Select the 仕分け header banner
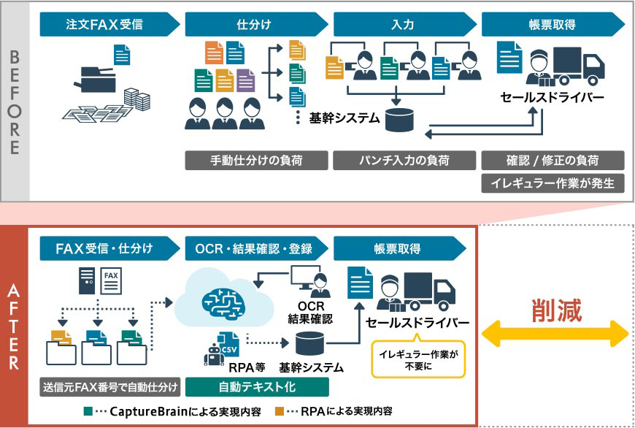click(253, 25)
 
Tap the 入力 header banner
click(402, 25)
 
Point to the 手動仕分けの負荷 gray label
click(255, 160)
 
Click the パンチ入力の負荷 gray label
click(403, 160)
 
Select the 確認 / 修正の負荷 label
click(553, 160)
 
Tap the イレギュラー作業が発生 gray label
click(553, 183)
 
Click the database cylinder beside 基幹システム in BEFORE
click(399, 120)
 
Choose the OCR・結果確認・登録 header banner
click(255, 248)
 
